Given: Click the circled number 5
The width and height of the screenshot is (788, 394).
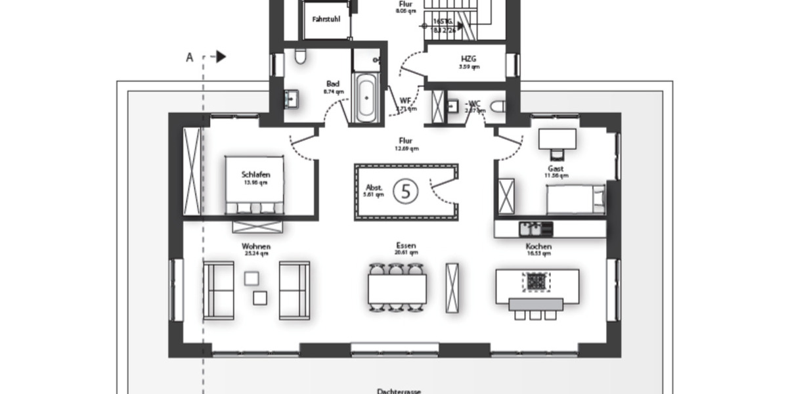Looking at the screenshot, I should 405,191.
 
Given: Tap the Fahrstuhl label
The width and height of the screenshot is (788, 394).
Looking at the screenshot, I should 326,20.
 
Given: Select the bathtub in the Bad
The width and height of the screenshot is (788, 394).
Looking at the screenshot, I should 366,98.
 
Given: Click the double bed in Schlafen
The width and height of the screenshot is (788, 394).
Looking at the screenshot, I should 254,185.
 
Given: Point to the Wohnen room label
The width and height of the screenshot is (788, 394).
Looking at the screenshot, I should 256,247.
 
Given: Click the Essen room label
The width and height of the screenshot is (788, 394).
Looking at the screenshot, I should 406,246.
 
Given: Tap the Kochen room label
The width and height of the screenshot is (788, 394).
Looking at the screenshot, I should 538,247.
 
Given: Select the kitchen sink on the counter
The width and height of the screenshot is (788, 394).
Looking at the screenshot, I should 535,229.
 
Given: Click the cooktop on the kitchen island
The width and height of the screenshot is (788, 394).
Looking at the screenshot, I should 536,282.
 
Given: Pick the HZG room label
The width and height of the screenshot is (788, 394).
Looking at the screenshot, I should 469,58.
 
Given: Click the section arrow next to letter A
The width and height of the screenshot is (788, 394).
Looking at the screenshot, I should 221,57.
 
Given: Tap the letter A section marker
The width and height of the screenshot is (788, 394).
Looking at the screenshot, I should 190,58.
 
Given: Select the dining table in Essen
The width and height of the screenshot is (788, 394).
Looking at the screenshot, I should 397,288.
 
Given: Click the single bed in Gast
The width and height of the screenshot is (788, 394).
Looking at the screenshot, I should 575,199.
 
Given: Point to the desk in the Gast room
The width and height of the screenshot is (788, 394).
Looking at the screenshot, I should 557,139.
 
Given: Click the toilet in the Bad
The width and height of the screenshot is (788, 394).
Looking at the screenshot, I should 300,57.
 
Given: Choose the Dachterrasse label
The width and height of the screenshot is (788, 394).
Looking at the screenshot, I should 399,391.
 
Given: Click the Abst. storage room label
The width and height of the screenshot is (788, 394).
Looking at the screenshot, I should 374,188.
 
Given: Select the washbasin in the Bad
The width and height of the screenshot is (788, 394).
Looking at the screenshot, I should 291,99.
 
